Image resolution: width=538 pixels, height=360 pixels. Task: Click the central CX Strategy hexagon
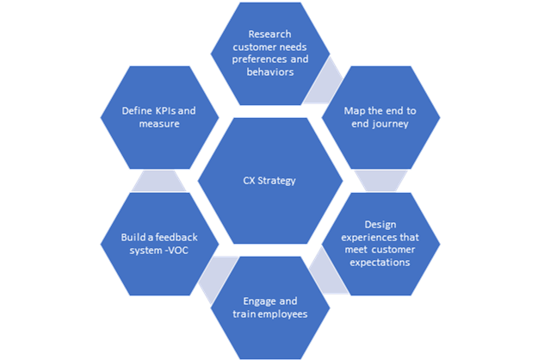pos(269,181)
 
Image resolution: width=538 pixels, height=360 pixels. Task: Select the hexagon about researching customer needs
pos(269,54)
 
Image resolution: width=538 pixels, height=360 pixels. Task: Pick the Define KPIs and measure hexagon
pos(160,116)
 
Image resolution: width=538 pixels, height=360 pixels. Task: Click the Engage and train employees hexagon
pos(269,307)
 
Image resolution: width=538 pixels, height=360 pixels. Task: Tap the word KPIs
pos(170,111)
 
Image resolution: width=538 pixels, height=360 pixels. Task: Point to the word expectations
pos(380,263)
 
